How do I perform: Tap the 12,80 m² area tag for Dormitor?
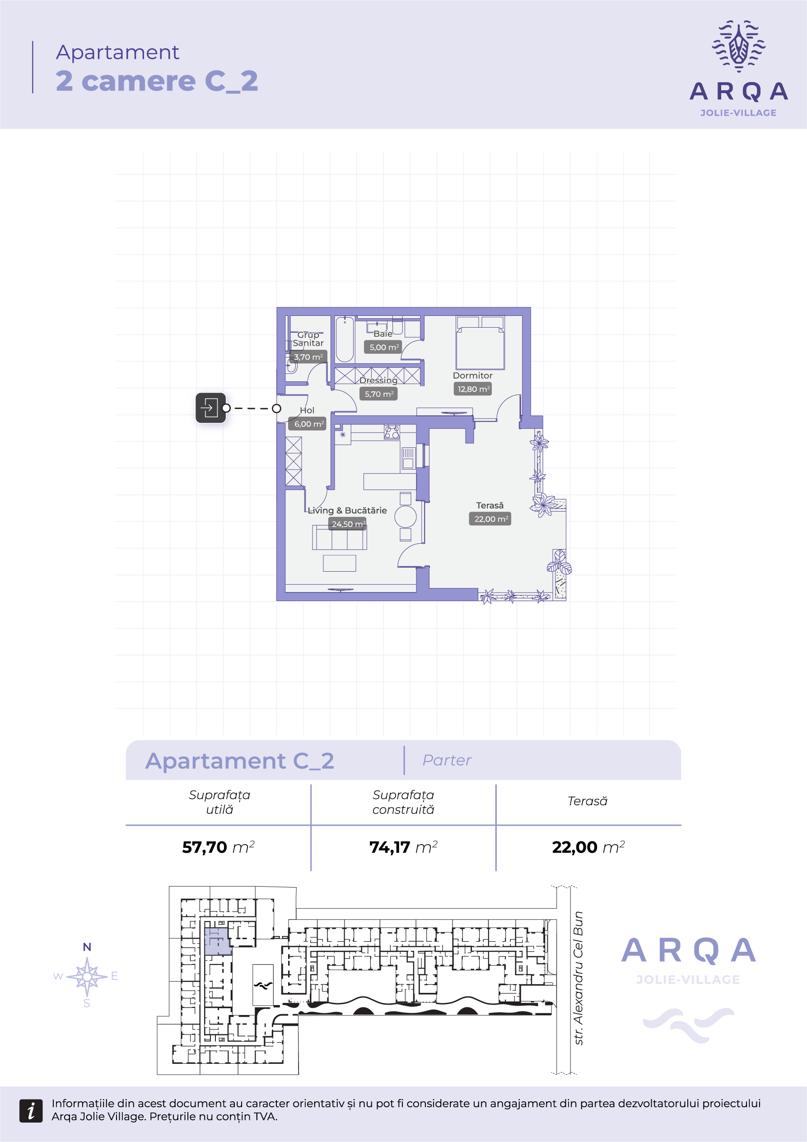tap(472, 389)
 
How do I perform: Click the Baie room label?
tap(383, 334)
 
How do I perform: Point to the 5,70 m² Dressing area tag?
tap(378, 394)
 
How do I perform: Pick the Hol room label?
tap(307, 410)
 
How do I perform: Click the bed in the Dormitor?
tap(480, 343)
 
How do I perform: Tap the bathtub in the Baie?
tap(345, 339)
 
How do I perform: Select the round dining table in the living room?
tap(406, 516)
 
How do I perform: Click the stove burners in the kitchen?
tap(392, 432)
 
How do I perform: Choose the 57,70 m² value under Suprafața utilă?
tap(218, 847)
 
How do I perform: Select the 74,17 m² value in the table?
tap(403, 847)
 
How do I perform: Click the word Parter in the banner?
tap(447, 760)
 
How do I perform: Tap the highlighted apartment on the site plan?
tap(218, 940)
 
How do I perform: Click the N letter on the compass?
tap(87, 947)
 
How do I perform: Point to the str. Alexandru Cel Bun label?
tap(578, 978)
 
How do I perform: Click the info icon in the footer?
tap(31, 1111)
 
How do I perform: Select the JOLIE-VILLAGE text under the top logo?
tap(738, 113)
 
